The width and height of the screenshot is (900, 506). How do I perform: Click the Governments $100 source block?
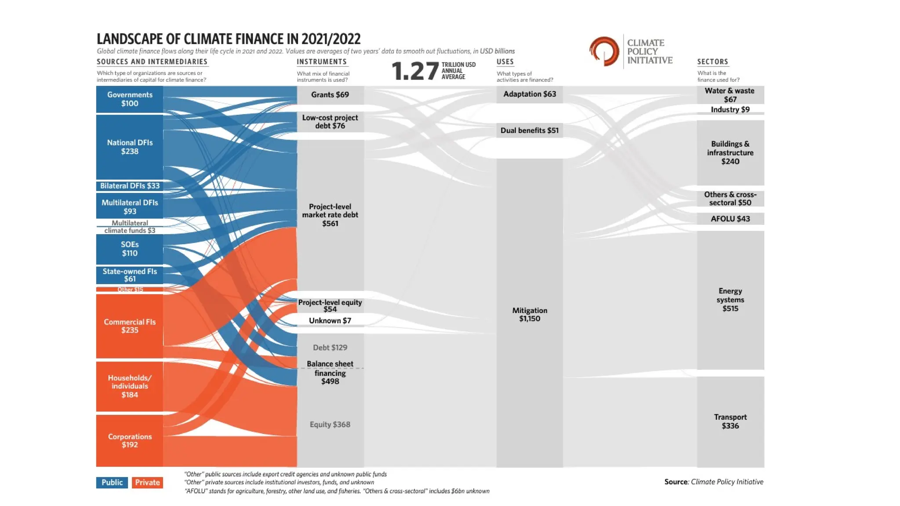point(130,99)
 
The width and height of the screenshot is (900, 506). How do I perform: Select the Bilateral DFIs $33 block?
point(130,186)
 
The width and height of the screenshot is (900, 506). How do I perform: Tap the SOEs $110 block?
point(130,249)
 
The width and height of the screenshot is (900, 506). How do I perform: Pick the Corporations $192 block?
point(130,441)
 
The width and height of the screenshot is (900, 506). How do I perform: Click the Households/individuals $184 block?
point(130,386)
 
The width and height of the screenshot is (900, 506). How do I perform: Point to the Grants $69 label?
point(330,94)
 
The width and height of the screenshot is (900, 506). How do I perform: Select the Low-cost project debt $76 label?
point(330,122)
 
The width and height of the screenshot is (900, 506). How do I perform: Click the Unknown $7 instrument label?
point(330,321)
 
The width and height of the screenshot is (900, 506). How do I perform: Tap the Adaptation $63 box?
point(530,94)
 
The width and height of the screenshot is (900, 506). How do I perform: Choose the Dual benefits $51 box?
point(530,130)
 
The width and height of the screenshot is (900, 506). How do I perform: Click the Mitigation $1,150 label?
point(530,314)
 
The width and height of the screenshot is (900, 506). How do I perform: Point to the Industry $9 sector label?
point(730,109)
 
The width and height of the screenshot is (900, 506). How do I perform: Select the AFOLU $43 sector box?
point(730,219)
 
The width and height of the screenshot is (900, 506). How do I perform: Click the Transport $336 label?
point(730,421)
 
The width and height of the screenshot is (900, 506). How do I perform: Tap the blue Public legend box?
point(112,482)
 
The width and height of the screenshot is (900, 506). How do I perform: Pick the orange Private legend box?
point(147,482)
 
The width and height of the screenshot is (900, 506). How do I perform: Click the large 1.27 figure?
point(414,71)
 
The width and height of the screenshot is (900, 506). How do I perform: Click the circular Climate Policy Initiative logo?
point(604,51)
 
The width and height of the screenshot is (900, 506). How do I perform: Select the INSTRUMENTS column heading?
point(322,62)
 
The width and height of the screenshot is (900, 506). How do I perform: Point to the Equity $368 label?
point(330,424)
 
